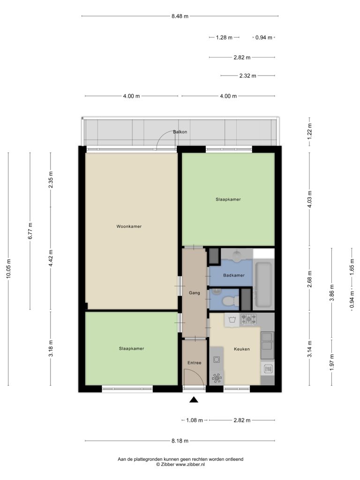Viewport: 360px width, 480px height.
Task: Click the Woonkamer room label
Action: point(129,226)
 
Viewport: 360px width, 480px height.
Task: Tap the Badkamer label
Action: point(234,275)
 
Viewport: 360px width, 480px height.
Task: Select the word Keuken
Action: point(242,349)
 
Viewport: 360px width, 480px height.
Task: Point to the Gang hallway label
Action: point(195,293)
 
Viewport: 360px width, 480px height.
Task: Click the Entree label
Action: point(195,363)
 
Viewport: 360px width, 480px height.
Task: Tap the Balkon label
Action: point(180,132)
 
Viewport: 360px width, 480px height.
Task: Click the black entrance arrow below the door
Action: point(194,399)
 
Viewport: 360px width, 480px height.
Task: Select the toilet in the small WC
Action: point(231,301)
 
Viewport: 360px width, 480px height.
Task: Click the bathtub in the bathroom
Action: point(263,285)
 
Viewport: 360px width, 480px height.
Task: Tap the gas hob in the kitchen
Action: point(248,319)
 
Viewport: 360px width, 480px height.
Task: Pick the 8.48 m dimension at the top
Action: point(180,16)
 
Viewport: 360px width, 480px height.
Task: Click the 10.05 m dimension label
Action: point(8,269)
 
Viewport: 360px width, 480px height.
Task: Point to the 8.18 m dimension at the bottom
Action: point(180,441)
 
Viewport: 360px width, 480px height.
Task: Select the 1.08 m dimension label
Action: point(195,420)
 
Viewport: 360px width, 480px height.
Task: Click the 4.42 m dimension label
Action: point(51,258)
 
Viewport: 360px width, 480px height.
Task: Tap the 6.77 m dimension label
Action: point(30,231)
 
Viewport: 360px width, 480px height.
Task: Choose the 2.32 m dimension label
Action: point(247,75)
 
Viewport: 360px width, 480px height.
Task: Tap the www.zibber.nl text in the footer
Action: point(190,465)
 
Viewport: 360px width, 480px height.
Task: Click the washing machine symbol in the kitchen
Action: point(232,320)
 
